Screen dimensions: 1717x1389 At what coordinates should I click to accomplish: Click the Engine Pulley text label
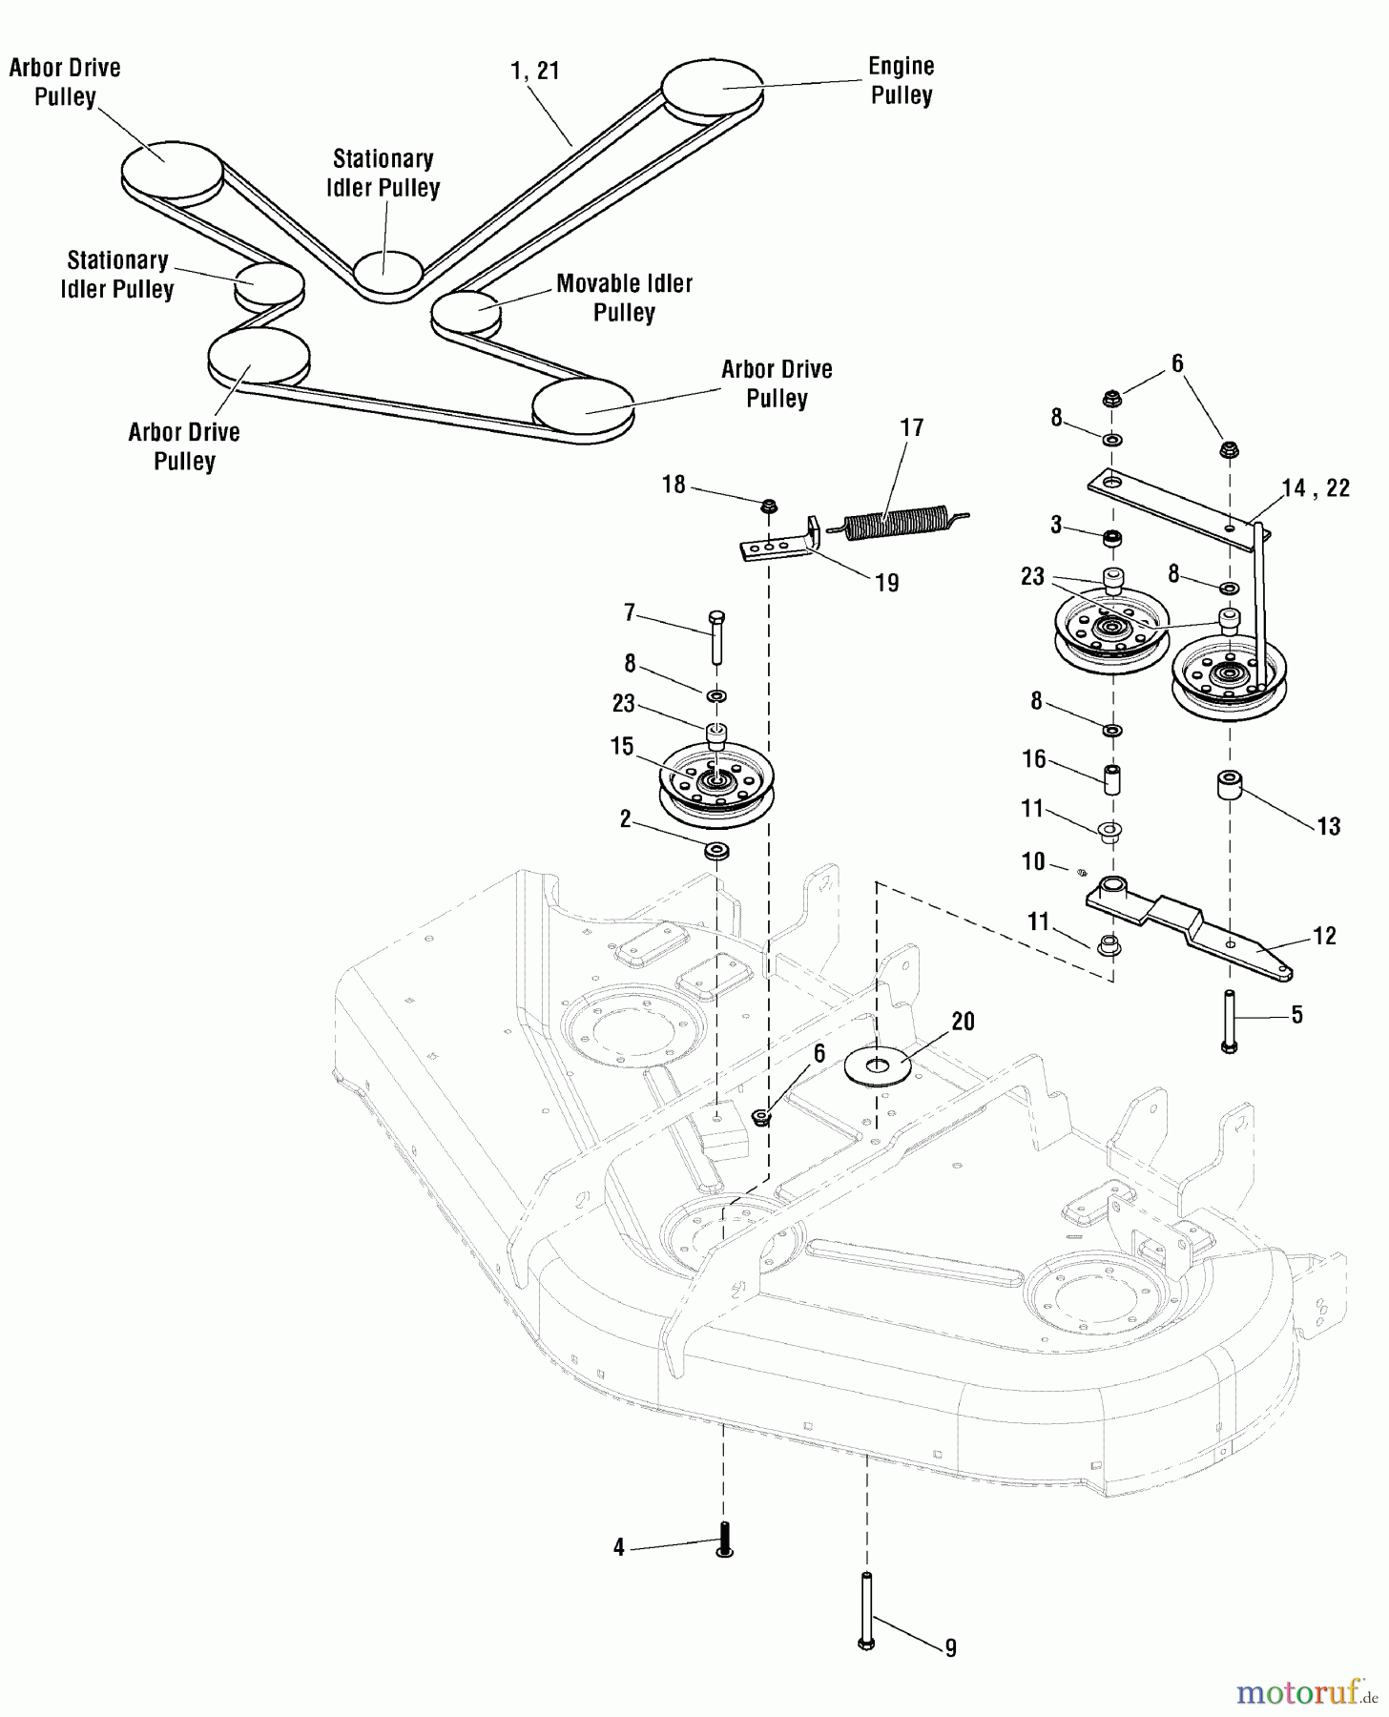(901, 81)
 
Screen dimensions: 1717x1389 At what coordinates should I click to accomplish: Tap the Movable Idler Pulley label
(624, 298)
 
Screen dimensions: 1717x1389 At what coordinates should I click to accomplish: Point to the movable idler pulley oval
(466, 310)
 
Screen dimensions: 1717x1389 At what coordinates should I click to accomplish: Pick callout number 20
(963, 1022)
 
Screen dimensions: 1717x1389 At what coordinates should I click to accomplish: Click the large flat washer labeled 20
(878, 1066)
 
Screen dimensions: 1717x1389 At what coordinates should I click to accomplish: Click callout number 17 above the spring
(912, 427)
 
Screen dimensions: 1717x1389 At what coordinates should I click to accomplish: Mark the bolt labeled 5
(1229, 1022)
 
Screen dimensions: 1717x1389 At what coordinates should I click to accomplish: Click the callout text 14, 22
(1316, 488)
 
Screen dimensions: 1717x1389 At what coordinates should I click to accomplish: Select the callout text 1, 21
(534, 71)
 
